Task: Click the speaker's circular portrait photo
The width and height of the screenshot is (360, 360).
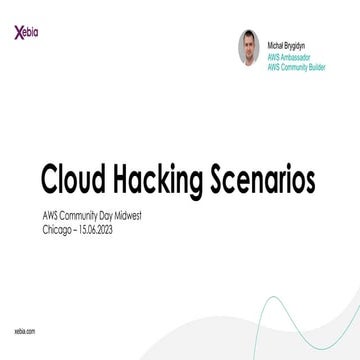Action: pyautogui.click(x=249, y=46)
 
